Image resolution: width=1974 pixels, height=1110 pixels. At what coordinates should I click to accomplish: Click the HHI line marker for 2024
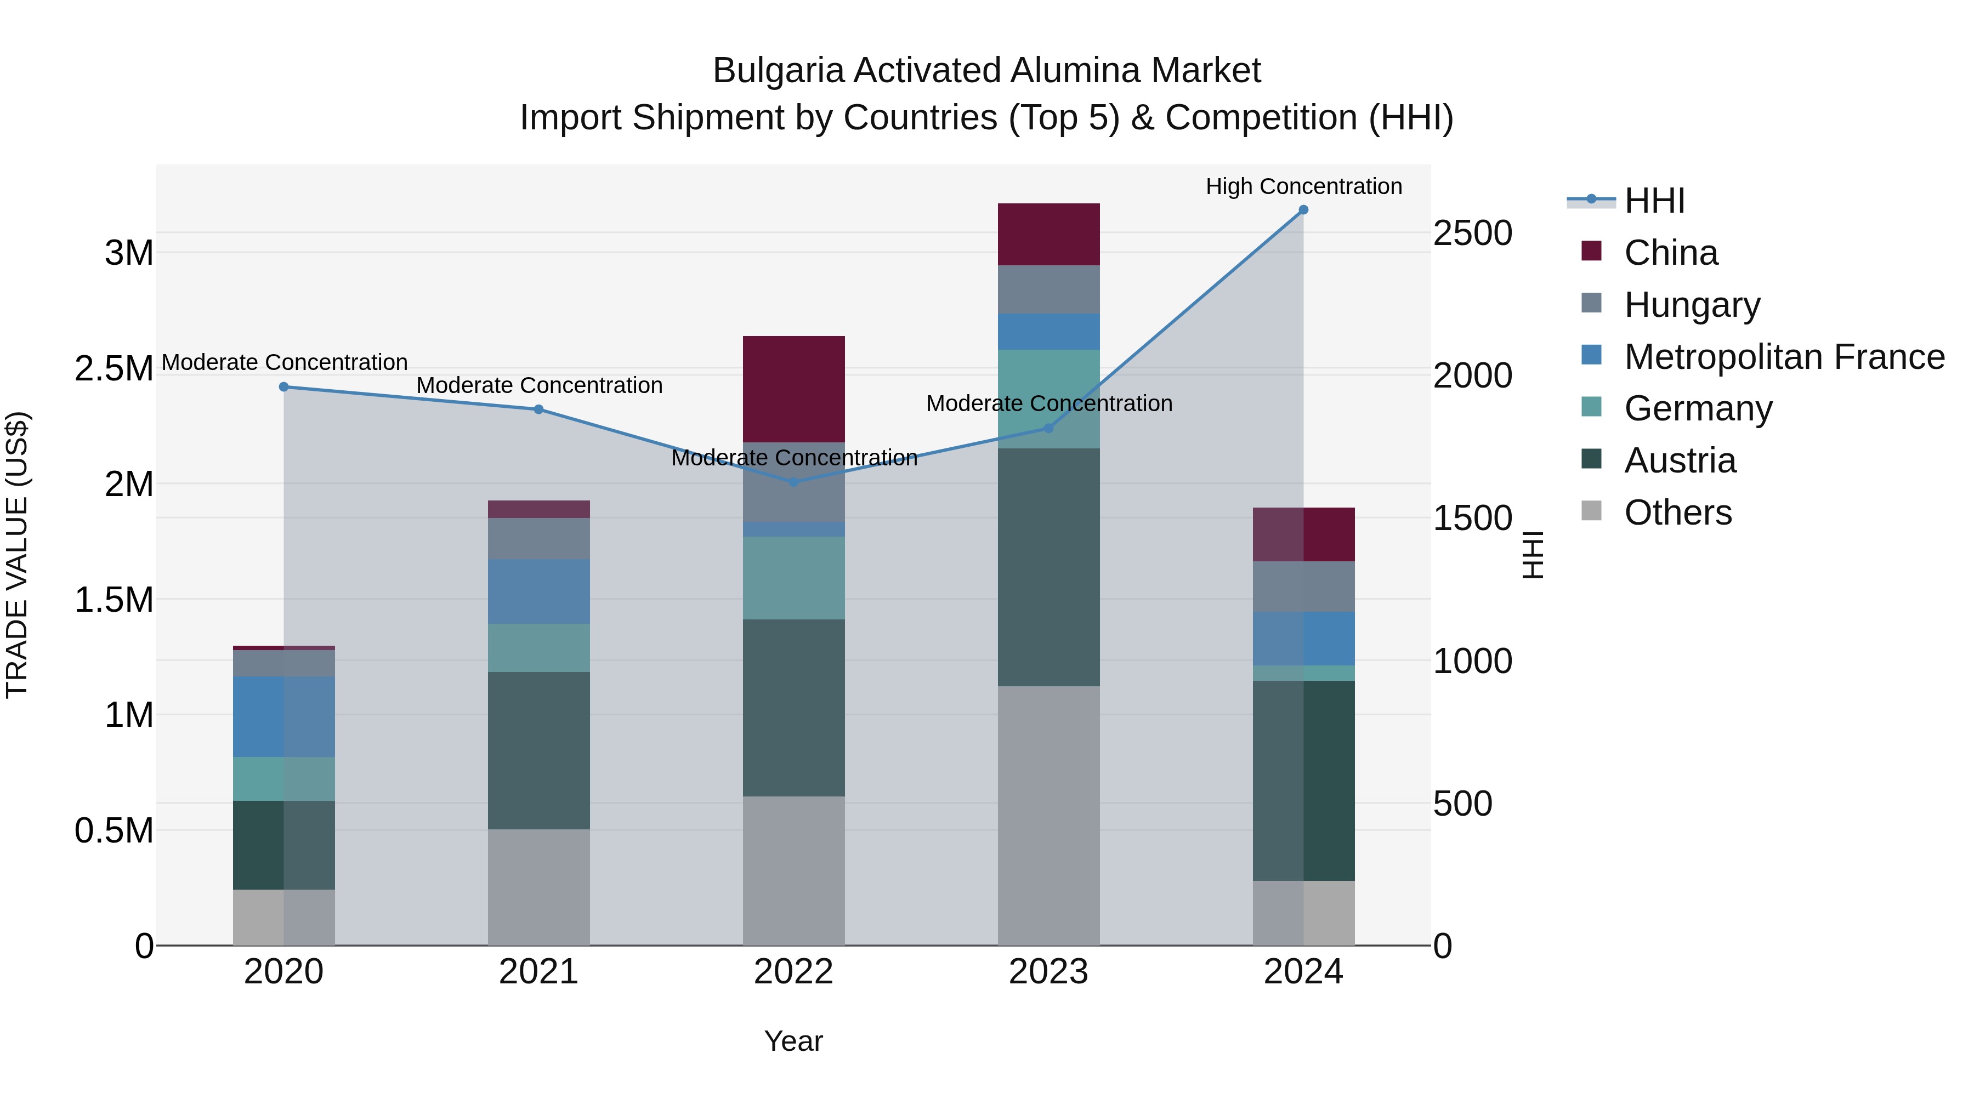pos(1303,210)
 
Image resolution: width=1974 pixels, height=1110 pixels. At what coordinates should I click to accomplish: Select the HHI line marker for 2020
pos(283,387)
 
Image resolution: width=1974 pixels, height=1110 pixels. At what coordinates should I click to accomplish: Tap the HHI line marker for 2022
pos(794,482)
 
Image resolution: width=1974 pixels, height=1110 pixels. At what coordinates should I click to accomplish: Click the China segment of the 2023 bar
pos(1048,235)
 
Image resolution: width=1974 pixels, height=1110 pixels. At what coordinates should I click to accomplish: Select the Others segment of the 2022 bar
pos(794,870)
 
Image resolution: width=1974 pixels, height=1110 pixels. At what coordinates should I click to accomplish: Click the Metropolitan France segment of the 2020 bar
pos(283,716)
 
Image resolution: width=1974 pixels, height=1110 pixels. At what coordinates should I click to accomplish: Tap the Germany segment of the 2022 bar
pos(794,578)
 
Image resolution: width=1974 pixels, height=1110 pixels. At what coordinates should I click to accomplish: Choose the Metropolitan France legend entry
pos(1783,356)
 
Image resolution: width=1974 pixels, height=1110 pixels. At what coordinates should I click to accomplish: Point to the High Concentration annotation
pos(1303,186)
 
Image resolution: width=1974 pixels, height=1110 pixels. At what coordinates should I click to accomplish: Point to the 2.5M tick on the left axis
pos(114,368)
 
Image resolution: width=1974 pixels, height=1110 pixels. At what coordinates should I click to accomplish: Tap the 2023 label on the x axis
pos(1048,972)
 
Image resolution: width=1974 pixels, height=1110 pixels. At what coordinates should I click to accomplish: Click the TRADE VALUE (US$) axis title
pos(17,555)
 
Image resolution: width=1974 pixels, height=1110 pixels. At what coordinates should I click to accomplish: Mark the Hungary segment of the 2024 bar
pos(1303,586)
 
